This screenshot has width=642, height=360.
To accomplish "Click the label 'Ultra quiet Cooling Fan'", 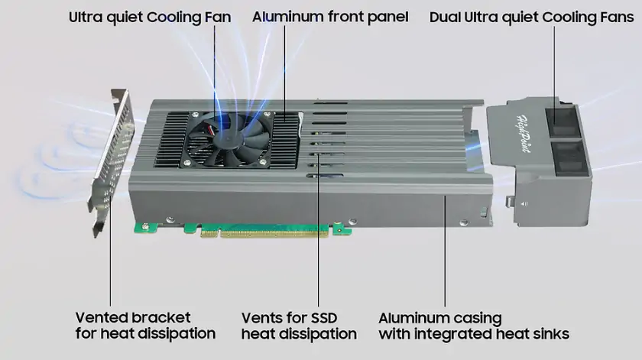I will point(150,16).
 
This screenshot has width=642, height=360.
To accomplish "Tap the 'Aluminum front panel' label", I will point(330,16).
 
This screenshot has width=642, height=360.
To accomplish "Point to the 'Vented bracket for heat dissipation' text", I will point(145,326).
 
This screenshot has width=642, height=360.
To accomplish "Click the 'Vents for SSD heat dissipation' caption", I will point(299,326).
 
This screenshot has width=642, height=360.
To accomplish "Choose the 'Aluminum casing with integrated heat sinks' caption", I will point(474,326).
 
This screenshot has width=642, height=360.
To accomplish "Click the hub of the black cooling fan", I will point(227,137).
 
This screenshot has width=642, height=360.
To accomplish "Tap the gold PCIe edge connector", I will point(267,230).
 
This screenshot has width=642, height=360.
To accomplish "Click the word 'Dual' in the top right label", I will point(445,16).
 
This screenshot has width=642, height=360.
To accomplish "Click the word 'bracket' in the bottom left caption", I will point(160,317).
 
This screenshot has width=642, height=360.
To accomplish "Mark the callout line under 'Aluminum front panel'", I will point(286,69).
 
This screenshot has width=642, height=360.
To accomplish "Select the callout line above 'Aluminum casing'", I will point(445,252).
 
